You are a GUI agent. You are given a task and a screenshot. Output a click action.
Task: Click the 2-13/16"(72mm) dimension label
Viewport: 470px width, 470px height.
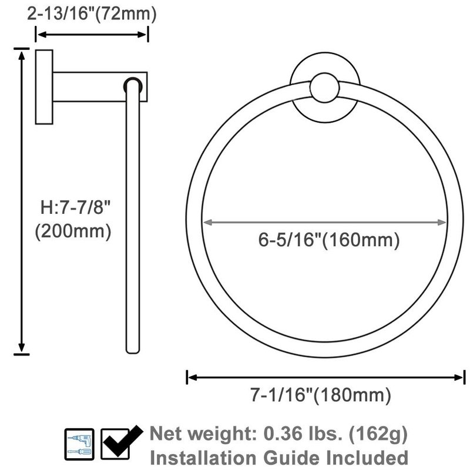(92, 14)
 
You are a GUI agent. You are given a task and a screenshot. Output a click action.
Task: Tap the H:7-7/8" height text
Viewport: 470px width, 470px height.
(76, 207)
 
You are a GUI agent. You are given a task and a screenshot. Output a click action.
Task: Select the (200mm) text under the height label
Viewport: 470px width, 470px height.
(73, 231)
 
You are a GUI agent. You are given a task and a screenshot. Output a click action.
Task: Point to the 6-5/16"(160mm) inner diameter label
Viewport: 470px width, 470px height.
(329, 240)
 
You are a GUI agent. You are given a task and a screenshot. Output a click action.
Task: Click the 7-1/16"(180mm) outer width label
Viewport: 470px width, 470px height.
(321, 395)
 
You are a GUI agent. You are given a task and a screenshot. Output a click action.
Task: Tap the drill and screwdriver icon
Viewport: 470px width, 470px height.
(79, 444)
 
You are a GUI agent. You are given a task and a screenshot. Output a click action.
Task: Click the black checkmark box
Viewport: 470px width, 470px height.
(120, 444)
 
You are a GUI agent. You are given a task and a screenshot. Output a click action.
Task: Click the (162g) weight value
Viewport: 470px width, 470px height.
(378, 434)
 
